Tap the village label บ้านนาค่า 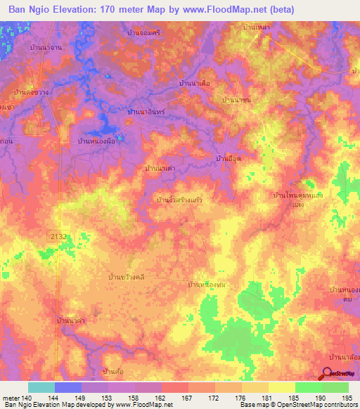(x=72, y=320)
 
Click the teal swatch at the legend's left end (x=41, y=387)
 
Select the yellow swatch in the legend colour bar (x=281, y=387)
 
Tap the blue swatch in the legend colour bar (x=68, y=387)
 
